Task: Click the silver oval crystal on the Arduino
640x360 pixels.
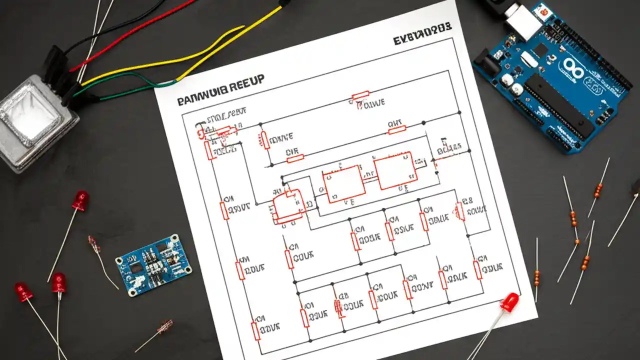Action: point(528,59)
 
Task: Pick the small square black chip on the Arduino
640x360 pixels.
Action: point(540,49)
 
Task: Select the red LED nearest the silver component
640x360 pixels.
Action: point(79,200)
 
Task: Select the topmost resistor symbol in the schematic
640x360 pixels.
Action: point(360,95)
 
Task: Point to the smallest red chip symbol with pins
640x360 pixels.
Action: point(288,205)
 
